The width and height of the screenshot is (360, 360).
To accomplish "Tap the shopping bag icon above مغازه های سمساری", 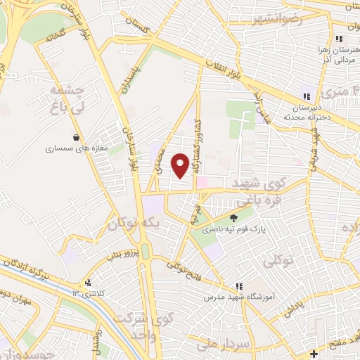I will click(75, 138).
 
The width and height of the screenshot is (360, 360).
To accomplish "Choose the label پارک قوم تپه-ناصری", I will click(226, 230).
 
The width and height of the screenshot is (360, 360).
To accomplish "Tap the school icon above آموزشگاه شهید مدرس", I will click(239, 287).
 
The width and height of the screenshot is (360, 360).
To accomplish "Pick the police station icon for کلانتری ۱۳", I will click(88, 283).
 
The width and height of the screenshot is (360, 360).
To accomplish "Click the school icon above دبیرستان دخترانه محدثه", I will click(305, 97).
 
